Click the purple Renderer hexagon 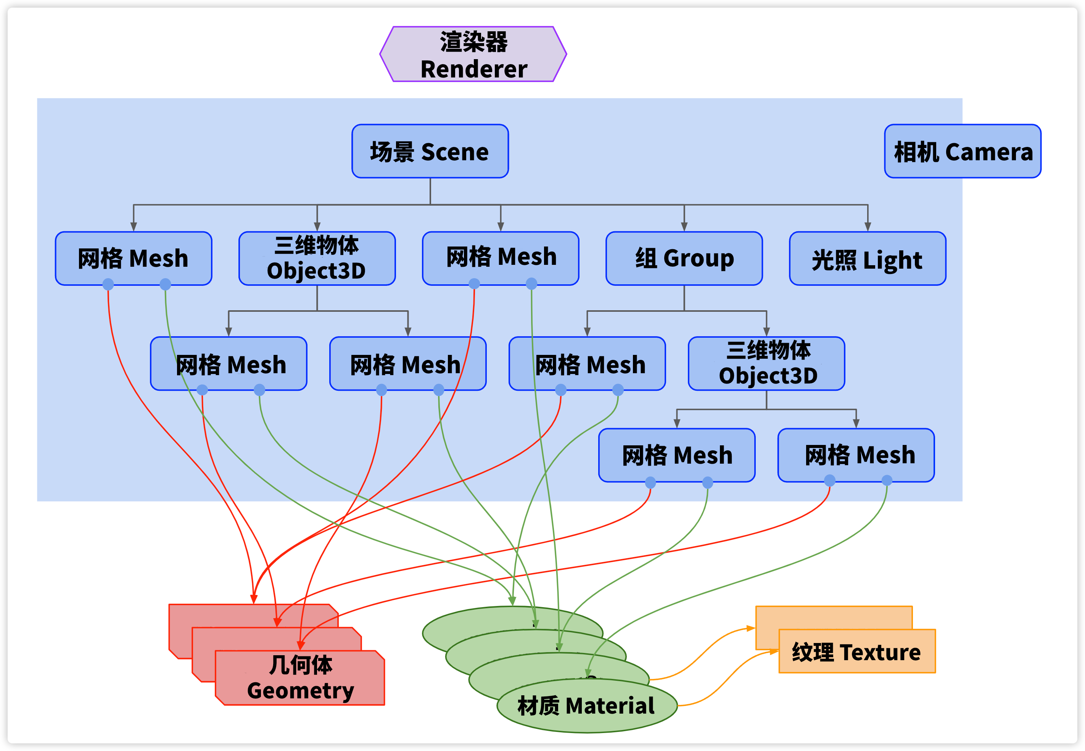[x=473, y=54]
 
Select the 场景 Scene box [x=430, y=151]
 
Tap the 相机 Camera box [x=962, y=151]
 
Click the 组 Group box [x=684, y=258]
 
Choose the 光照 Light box [x=867, y=258]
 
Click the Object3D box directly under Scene [x=317, y=258]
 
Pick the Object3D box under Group [x=766, y=363]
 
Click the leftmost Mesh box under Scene [x=133, y=258]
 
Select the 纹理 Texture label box [x=856, y=651]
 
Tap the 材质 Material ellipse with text [x=586, y=705]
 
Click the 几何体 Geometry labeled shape [x=300, y=678]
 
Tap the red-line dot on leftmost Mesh [x=108, y=284]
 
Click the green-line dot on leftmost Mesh [x=165, y=284]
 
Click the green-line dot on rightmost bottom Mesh [x=887, y=480]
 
